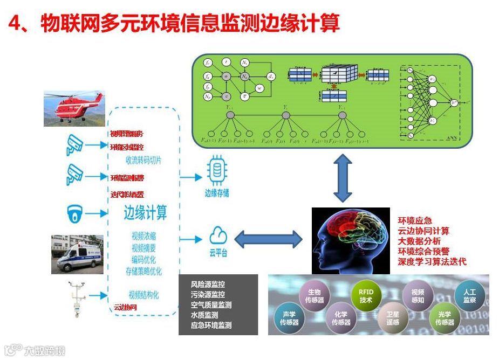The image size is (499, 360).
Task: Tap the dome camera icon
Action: [x=74, y=213]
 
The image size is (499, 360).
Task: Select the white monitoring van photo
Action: [x=77, y=254]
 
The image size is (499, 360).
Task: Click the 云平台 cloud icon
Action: [x=217, y=236]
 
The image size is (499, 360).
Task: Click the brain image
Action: [x=350, y=240]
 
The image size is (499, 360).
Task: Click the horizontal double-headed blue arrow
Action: [x=268, y=239]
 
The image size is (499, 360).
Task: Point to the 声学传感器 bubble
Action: [x=289, y=318]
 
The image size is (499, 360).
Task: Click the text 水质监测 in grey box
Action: [x=204, y=315]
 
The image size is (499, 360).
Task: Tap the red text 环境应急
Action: [x=415, y=220]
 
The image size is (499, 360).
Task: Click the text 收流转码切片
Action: [x=143, y=160]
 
